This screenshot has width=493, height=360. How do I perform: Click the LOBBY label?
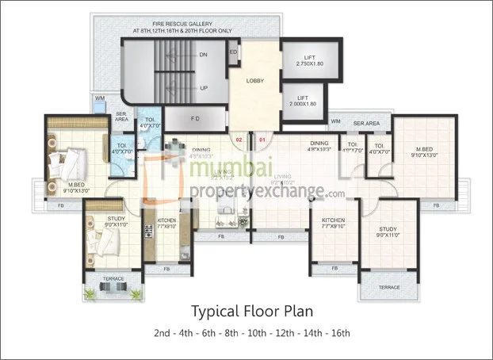tap(255, 81)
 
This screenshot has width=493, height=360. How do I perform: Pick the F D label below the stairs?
tap(195, 119)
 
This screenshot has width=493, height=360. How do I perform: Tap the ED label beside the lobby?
tap(233, 52)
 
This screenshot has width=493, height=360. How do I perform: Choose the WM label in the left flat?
tap(100, 98)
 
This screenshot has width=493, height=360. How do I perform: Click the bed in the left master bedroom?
tap(63, 163)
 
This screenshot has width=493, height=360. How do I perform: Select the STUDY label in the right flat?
tap(388, 230)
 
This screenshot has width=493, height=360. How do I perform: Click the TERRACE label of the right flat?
tap(389, 286)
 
